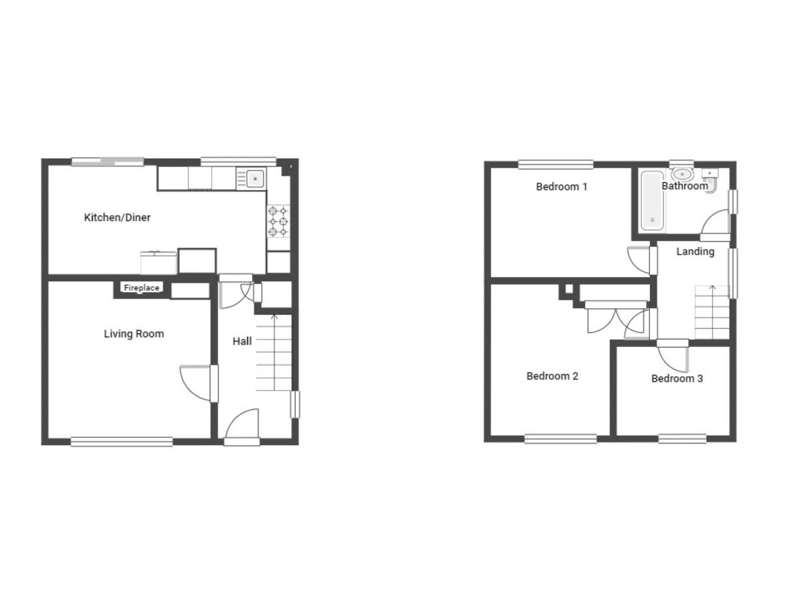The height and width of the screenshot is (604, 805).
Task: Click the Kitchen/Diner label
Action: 117,218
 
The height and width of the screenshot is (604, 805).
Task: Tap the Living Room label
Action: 134,334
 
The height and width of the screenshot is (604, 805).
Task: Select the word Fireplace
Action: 141,288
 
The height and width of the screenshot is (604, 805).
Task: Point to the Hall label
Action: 242,341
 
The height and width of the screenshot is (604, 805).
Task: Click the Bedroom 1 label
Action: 561,187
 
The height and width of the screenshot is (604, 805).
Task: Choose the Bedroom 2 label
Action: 552,376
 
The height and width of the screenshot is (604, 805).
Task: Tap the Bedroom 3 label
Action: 676,379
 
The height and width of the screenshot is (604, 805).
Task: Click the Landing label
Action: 695,252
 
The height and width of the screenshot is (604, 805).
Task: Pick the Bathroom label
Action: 684,186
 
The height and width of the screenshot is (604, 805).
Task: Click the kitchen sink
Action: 254,179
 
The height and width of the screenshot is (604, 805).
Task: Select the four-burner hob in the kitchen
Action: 278,221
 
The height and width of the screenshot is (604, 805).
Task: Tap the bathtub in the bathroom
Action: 652,200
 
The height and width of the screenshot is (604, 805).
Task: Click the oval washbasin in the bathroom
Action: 683,174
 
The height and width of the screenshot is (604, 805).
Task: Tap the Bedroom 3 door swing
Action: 673,358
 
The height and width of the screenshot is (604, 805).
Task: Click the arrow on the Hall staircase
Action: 274,318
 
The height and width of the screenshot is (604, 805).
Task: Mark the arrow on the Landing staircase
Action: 712,288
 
